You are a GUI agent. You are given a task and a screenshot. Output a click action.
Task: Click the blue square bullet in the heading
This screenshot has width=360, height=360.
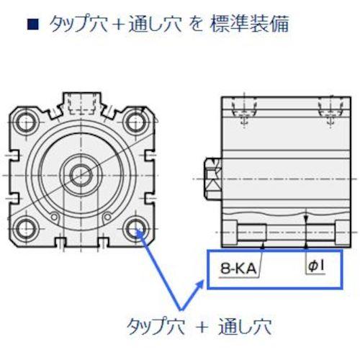(31, 25)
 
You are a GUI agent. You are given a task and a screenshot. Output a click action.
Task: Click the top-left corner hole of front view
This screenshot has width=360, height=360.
(27, 120)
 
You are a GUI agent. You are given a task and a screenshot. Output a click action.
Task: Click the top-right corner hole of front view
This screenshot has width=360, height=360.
(136, 120)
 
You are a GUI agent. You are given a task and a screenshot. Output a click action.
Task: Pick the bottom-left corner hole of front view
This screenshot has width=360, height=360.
(27, 230)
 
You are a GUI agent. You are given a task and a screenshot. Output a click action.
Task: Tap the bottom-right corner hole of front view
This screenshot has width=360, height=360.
(136, 230)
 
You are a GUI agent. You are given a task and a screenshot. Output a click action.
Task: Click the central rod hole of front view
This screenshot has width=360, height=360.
(81, 174)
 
